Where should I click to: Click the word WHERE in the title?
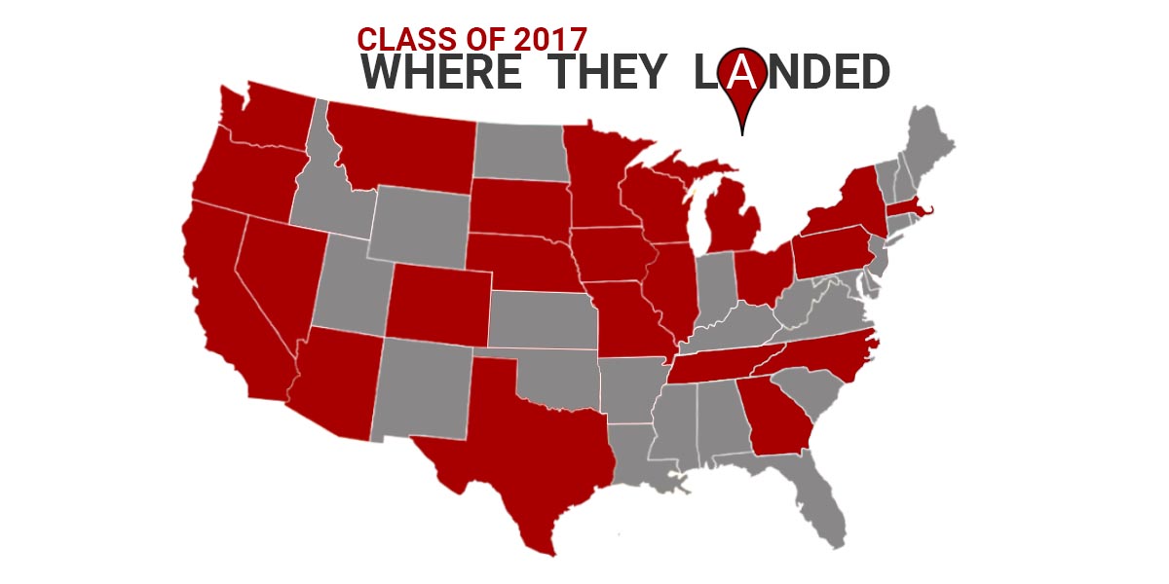(x=440, y=74)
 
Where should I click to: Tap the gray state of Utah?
(x=351, y=282)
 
